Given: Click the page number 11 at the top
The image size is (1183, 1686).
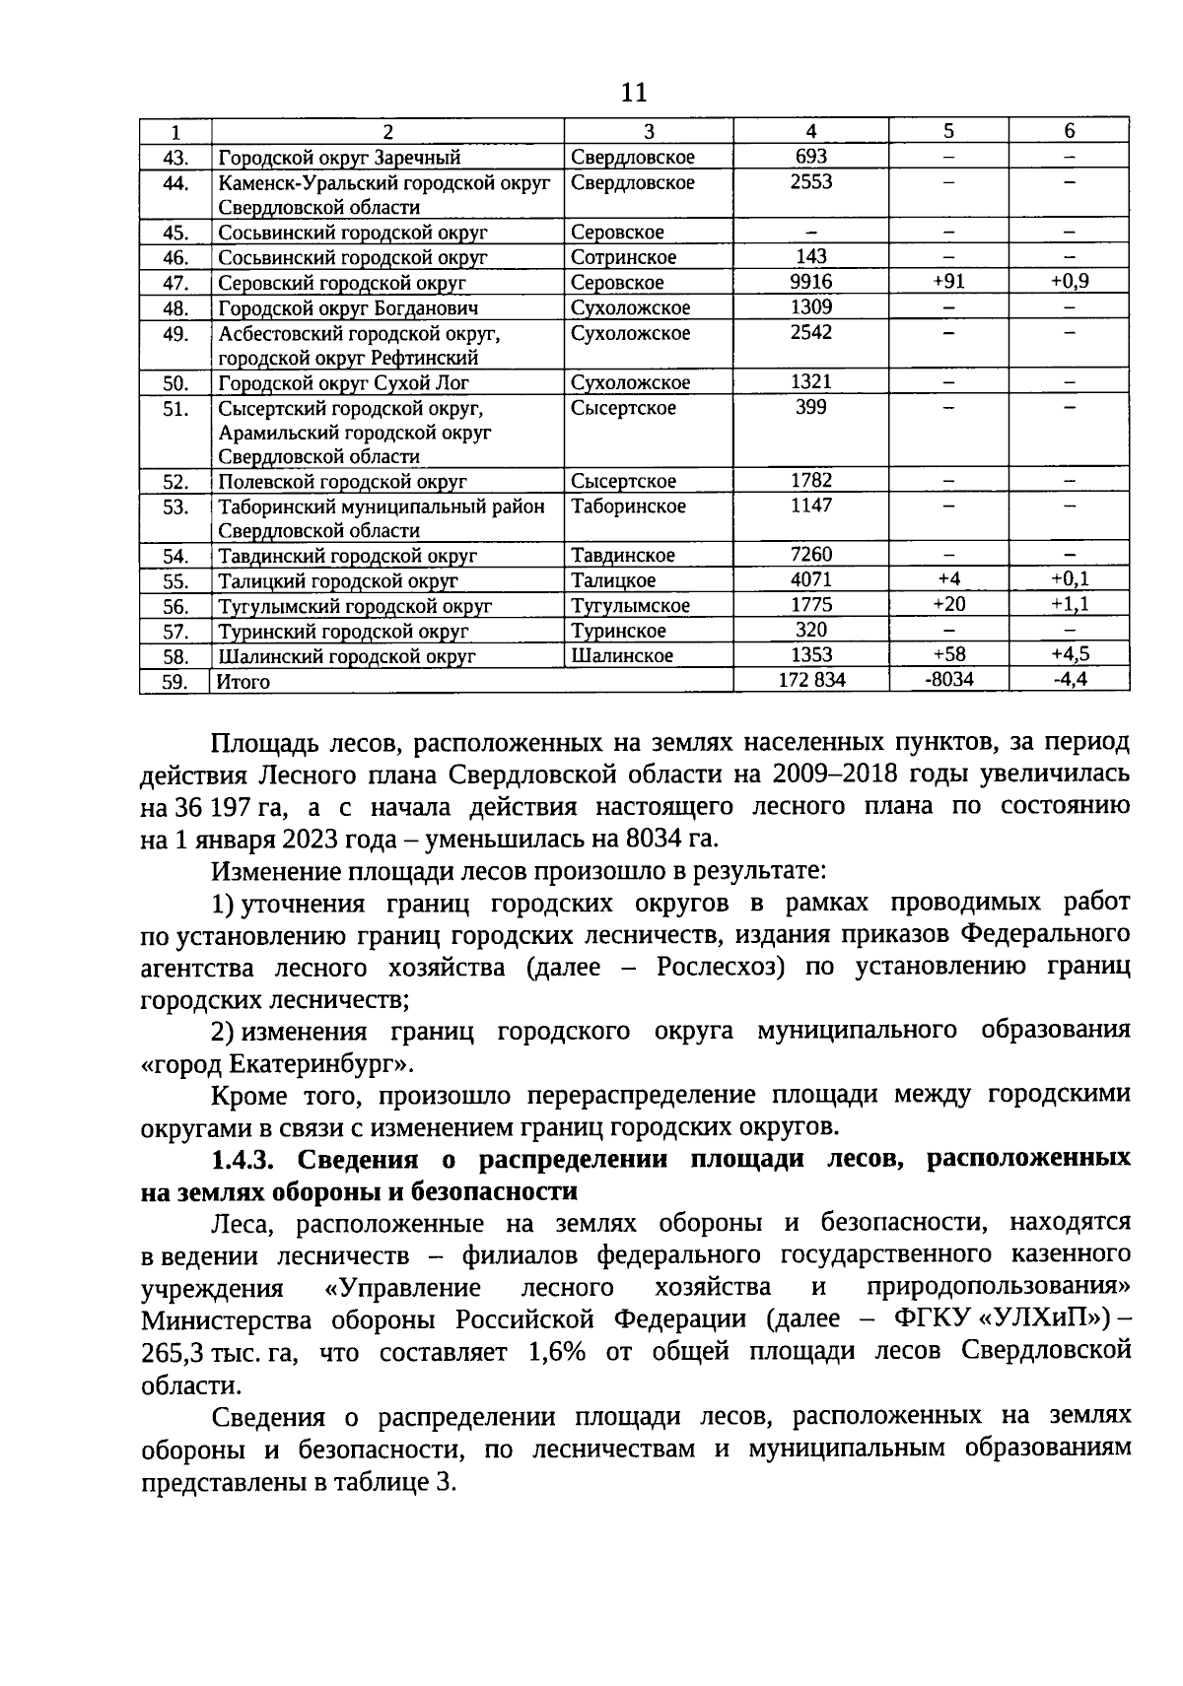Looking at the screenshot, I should tap(634, 93).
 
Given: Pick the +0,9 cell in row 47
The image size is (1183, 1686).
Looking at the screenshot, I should tap(1069, 282).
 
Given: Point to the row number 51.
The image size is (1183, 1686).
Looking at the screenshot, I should tap(175, 408).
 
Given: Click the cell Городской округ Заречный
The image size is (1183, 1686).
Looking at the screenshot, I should tap(339, 158).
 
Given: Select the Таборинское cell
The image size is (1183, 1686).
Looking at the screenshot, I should tap(628, 506).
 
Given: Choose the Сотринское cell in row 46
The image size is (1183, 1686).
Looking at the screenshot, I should tap(623, 257).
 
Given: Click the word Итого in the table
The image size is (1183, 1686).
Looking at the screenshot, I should tap(244, 681).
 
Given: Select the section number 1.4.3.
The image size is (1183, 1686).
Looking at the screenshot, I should tap(244, 1159).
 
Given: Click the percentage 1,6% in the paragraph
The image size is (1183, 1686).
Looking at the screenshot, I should tap(557, 1351).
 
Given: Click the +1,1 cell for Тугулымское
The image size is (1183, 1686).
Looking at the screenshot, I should tap(1069, 604).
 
